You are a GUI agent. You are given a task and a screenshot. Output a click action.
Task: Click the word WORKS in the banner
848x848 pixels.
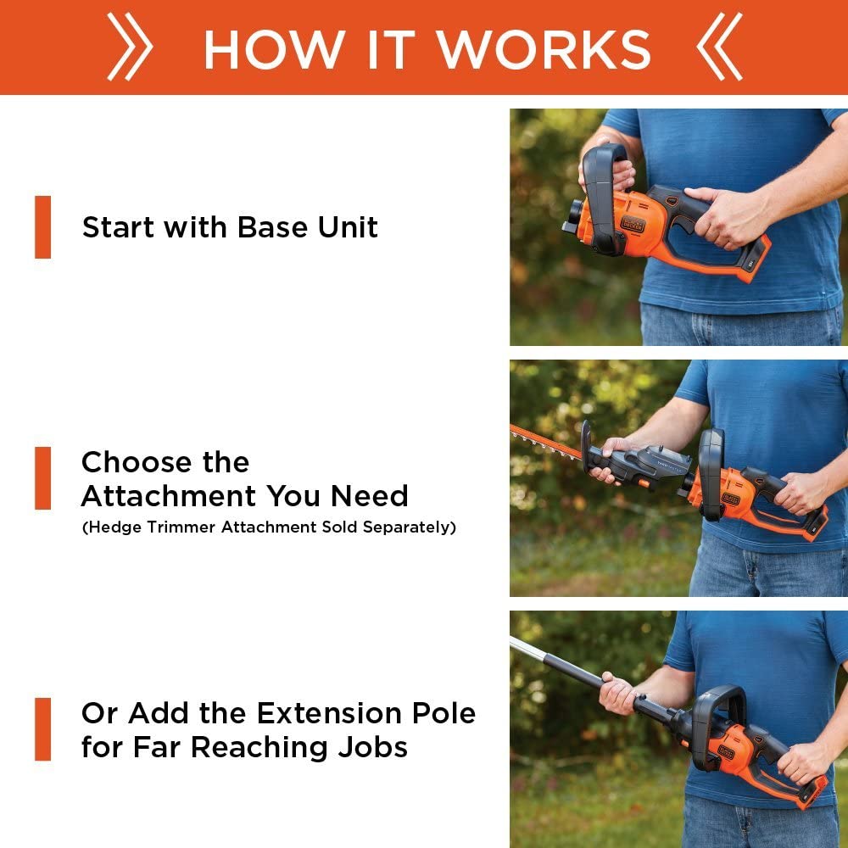pyautogui.click(x=544, y=49)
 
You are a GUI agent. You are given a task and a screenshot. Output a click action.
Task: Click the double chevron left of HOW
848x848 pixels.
pyautogui.click(x=130, y=47)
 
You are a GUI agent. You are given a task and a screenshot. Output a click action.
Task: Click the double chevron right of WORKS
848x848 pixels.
pyautogui.click(x=719, y=47)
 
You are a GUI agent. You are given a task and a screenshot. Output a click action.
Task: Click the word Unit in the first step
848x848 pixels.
pyautogui.click(x=347, y=227)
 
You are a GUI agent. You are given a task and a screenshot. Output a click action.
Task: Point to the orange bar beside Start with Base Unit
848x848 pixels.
pyautogui.click(x=42, y=227)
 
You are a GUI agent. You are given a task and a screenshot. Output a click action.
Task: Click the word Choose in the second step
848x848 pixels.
pyautogui.click(x=136, y=462)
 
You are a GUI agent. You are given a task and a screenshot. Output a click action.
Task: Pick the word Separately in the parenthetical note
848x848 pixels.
pyautogui.click(x=410, y=527)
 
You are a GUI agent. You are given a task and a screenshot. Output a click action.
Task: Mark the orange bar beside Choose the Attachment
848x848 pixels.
pyautogui.click(x=42, y=478)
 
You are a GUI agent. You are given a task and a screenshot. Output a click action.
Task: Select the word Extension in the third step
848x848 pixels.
pyautogui.click(x=329, y=713)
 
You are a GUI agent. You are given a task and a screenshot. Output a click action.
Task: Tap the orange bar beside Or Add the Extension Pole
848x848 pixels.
pyautogui.click(x=42, y=729)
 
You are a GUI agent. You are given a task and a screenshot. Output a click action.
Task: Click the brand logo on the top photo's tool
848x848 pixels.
pyautogui.click(x=633, y=224)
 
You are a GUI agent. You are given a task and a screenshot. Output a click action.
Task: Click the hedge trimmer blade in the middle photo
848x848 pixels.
pyautogui.click(x=545, y=443)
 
